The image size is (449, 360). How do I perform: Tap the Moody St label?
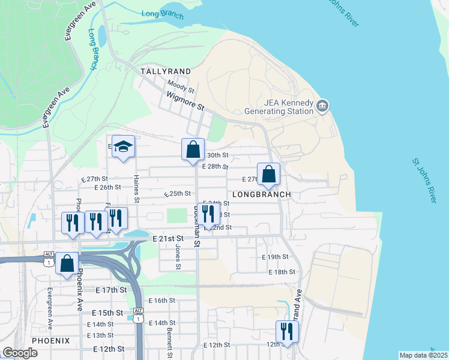(x=181, y=86)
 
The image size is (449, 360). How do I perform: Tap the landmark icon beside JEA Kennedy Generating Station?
(x=322, y=106)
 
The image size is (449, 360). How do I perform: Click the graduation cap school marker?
(x=123, y=147)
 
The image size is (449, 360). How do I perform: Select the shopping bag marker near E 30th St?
(x=193, y=150)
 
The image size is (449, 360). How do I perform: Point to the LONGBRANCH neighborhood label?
(x=261, y=194)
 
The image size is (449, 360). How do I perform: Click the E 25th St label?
(x=178, y=194)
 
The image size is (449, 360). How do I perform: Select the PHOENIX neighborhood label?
(x=50, y=340)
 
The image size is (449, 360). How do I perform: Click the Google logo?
(x=20, y=353)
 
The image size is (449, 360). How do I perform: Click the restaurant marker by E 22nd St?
(x=208, y=215)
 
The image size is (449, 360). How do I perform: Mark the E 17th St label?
(x=111, y=290)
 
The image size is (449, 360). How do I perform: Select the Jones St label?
(x=178, y=256)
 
